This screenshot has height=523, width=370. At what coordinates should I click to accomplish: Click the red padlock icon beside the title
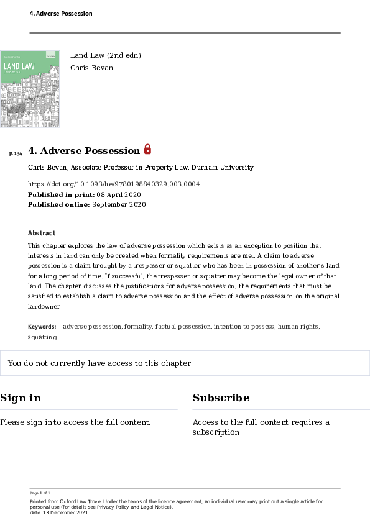147,149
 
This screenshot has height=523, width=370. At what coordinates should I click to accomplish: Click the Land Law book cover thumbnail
30,89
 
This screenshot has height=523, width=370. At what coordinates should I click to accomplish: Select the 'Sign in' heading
21,398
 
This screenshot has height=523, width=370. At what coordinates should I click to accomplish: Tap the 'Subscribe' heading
221,398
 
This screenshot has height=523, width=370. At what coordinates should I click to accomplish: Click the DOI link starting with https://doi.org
114,184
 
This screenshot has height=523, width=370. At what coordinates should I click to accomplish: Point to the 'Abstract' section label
42,233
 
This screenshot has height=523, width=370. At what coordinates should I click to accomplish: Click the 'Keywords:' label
42,326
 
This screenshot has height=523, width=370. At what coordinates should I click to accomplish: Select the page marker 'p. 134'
16,153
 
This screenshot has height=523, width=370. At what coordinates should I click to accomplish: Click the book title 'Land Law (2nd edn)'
106,55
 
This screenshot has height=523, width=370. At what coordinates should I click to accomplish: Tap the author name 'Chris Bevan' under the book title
91,68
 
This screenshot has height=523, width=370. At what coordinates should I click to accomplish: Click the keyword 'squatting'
42,337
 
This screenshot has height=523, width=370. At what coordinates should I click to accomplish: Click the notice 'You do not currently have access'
99,363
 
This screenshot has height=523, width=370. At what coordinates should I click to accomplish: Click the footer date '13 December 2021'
62,512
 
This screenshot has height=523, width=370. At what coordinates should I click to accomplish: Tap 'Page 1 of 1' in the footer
40,493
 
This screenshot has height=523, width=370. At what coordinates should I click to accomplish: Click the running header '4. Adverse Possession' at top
61,14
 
